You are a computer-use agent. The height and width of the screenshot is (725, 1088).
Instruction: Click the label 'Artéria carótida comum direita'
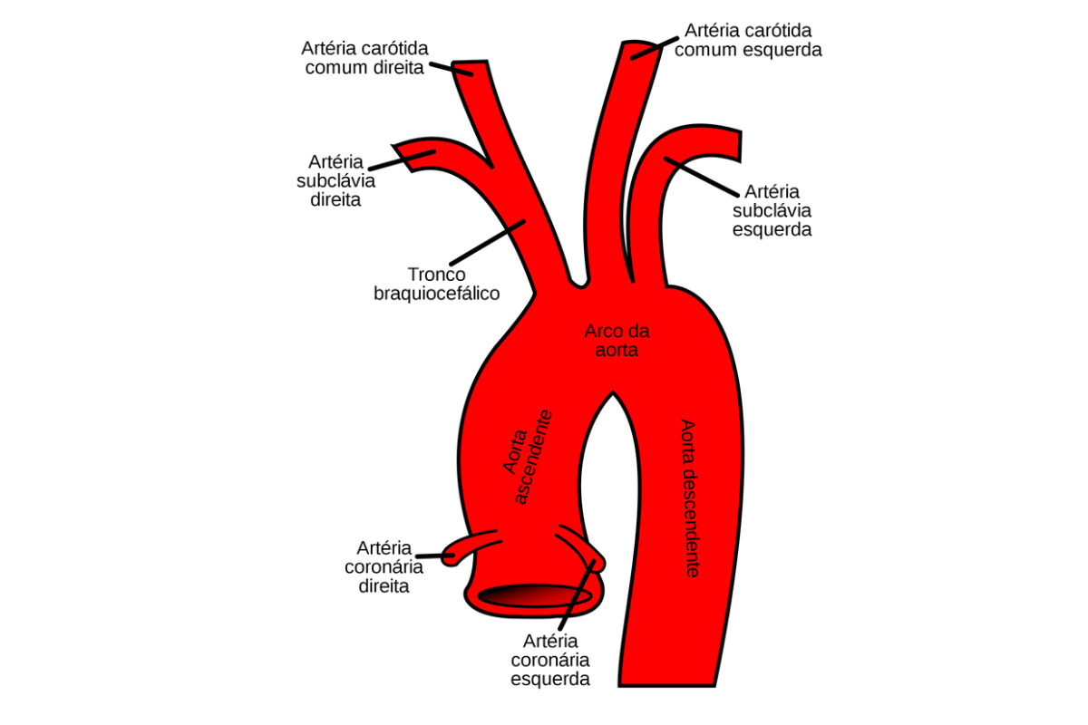[364, 56]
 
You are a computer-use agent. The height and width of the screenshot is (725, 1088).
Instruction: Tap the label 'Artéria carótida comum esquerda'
[748, 41]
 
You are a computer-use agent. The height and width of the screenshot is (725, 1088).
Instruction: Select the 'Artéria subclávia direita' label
[335, 180]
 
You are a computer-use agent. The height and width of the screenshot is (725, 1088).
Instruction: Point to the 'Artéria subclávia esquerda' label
[772, 210]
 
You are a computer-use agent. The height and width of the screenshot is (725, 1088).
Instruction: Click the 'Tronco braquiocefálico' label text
[436, 284]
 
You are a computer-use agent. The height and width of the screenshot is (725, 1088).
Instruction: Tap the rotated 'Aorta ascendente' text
[528, 457]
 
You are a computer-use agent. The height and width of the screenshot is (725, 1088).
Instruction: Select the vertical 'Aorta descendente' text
[689, 498]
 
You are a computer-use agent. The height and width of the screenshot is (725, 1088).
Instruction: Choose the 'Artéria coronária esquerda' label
[550, 660]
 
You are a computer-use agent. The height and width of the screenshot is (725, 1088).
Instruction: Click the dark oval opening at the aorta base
[535, 595]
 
